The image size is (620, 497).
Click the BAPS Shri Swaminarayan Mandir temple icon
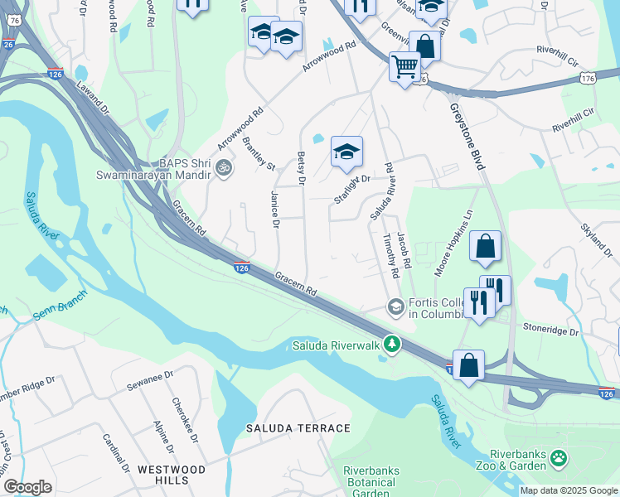tap(222, 168)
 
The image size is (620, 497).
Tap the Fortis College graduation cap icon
tap(395, 307)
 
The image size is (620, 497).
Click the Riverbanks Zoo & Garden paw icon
tap(560, 457)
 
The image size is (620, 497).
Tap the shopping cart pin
tap(405, 65)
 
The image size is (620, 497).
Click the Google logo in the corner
tap(27, 487)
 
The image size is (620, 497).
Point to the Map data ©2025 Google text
tap(568, 490)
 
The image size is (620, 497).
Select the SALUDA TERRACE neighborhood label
tap(298, 428)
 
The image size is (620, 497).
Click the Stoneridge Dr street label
tap(549, 330)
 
